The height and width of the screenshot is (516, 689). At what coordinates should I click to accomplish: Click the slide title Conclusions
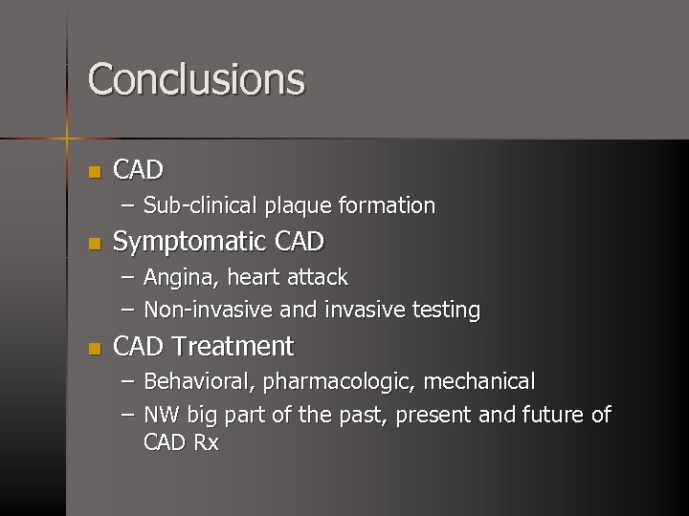click(x=196, y=79)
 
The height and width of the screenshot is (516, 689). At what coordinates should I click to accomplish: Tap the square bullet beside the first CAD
click(x=93, y=173)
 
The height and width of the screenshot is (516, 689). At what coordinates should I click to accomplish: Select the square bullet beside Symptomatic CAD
click(x=93, y=245)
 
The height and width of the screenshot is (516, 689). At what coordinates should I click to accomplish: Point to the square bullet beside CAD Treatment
click(x=93, y=349)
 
